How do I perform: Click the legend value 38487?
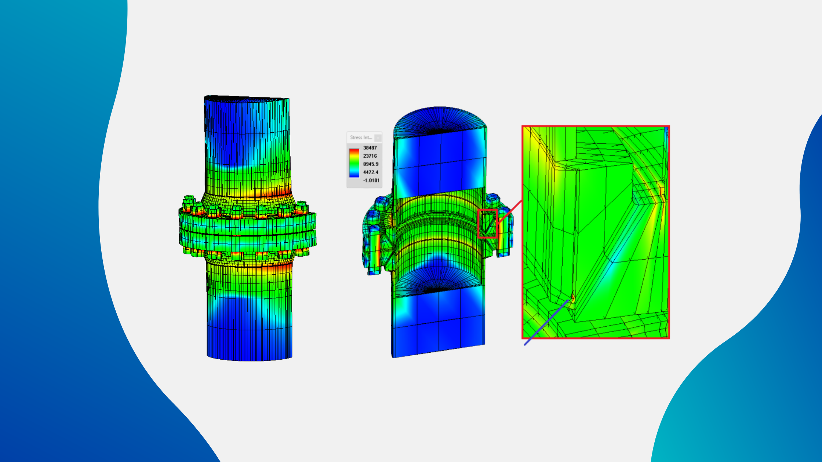click(370, 148)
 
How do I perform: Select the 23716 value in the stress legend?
click(370, 156)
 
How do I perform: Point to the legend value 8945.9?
click(371, 164)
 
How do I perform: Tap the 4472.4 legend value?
click(371, 172)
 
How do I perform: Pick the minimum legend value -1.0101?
click(371, 180)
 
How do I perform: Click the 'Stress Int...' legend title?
click(361, 137)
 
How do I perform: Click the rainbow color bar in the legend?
click(354, 164)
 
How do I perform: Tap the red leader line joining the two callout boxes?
click(510, 212)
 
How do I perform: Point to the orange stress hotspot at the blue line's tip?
click(572, 296)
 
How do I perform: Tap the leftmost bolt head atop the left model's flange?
click(188, 200)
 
